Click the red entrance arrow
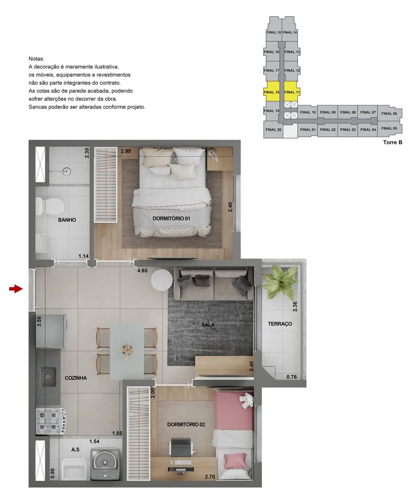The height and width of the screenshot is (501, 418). click(x=16, y=289)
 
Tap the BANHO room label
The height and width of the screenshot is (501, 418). click(x=67, y=220)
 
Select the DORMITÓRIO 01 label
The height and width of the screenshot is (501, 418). click(x=171, y=219)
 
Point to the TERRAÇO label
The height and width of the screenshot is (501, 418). click(x=280, y=324)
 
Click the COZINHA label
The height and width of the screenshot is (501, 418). click(x=76, y=378)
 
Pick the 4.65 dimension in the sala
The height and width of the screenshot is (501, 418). click(x=142, y=270)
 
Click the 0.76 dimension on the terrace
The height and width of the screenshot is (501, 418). click(x=292, y=377)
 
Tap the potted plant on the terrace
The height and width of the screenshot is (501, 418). click(x=276, y=281)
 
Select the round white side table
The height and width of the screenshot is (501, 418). click(x=162, y=280)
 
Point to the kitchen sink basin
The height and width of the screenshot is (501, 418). click(x=48, y=377)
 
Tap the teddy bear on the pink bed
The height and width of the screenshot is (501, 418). click(x=246, y=400)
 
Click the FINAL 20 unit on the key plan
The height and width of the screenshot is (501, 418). click(x=273, y=130)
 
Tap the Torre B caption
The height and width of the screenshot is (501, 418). click(x=393, y=142)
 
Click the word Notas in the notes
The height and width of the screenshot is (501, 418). click(x=36, y=59)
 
